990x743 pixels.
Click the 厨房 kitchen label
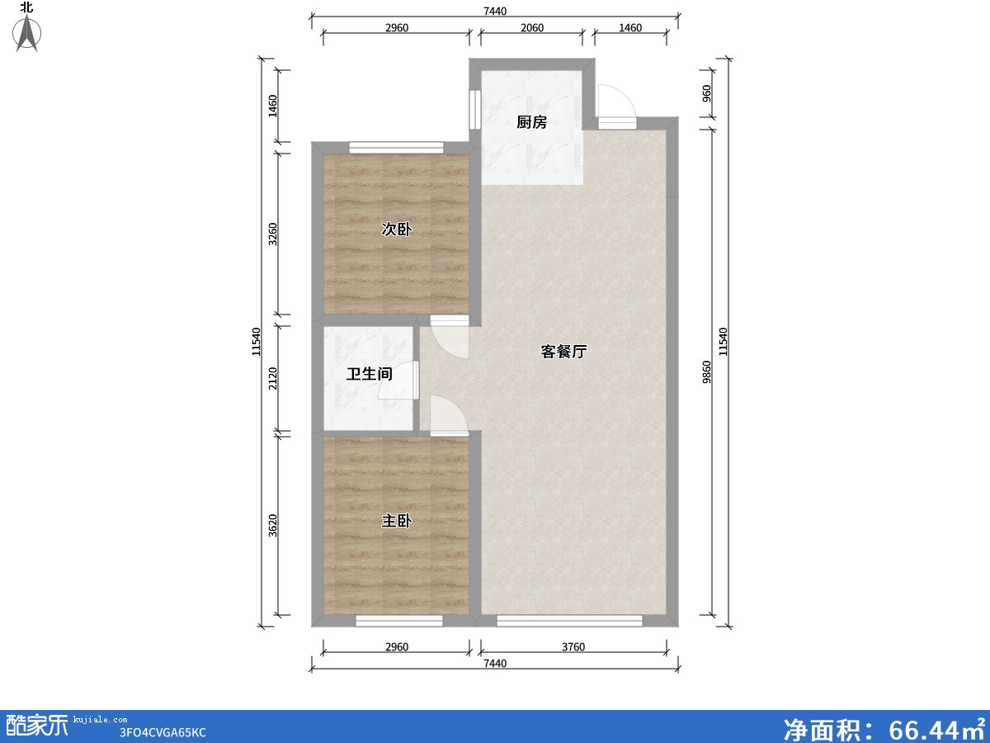tap(531, 123)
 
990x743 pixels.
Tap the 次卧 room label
tap(396, 230)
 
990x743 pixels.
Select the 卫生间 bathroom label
tap(369, 374)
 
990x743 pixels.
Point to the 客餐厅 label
tap(563, 352)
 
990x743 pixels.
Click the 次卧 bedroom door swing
tap(450, 339)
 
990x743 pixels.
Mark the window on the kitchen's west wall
tap(474, 107)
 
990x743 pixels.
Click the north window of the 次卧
tap(396, 148)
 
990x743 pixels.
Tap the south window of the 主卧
tap(399, 621)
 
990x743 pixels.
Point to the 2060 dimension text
tap(531, 28)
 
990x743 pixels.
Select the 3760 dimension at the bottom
tap(573, 647)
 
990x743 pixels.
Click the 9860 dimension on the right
tap(707, 371)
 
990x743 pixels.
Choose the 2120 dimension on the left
tap(273, 377)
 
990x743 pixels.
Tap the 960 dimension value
tap(707, 93)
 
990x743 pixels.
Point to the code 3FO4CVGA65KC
tap(163, 732)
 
